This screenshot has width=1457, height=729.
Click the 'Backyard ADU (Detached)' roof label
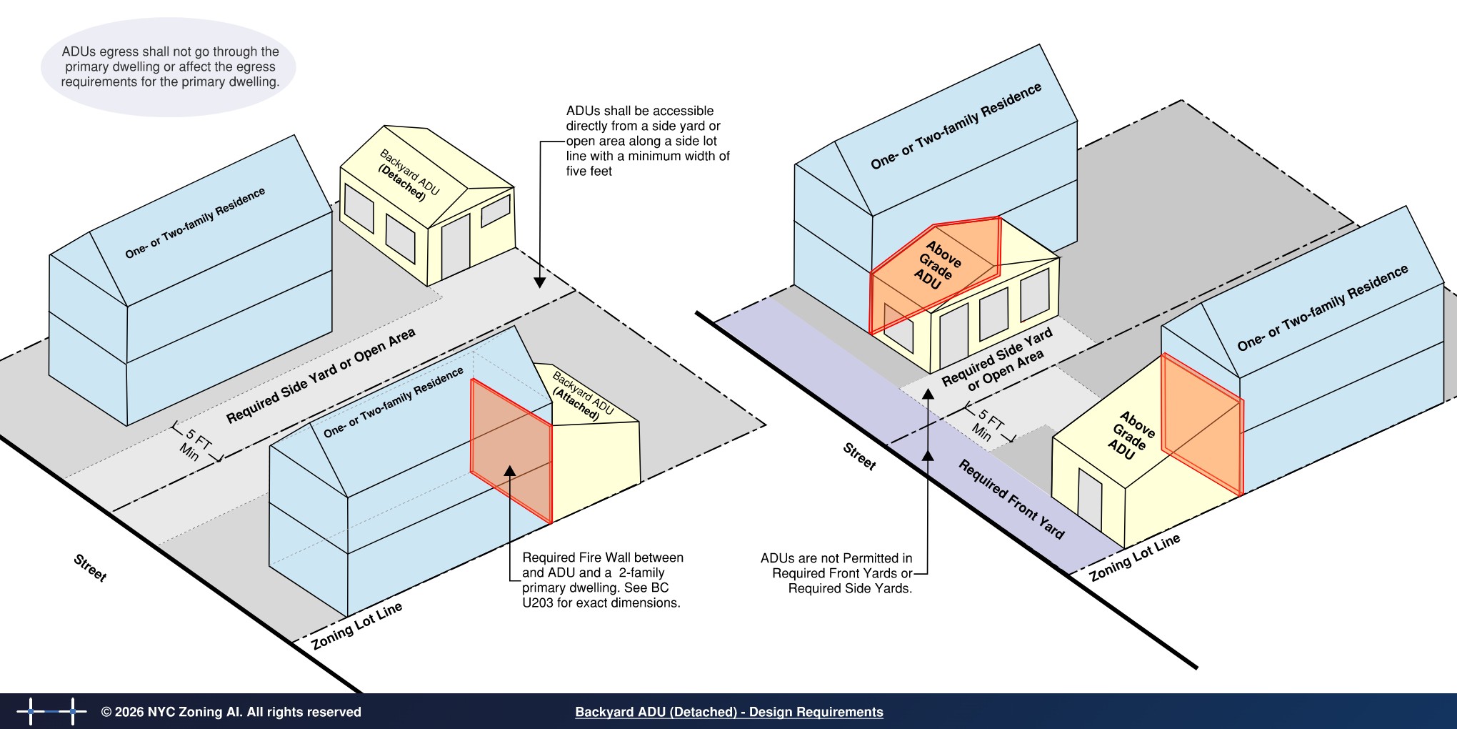click(409, 175)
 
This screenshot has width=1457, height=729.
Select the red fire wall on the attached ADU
click(511, 451)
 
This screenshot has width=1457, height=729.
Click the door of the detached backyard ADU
click(456, 247)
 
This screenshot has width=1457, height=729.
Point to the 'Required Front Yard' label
click(1011, 500)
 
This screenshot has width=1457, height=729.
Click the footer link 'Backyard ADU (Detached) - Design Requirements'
click(729, 712)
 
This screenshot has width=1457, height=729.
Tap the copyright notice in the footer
click(231, 712)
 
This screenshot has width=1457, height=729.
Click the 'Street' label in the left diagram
click(91, 568)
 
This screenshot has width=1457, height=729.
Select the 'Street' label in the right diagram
click(859, 456)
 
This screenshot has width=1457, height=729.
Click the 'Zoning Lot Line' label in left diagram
click(357, 626)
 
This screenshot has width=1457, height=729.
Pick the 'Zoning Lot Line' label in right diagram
click(1135, 557)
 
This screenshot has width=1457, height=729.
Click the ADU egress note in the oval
click(170, 66)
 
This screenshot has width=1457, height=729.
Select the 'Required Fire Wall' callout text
click(602, 580)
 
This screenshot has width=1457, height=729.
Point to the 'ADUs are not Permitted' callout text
click(836, 573)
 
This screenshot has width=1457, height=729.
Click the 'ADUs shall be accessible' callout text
click(648, 141)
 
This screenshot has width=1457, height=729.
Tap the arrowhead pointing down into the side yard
click(540, 283)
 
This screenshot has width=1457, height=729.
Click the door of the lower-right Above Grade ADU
click(1090, 499)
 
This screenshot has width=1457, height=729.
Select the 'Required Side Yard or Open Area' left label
click(321, 376)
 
